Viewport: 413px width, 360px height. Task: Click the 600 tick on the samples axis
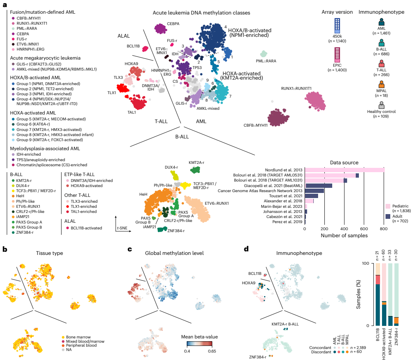click(x=364, y=229)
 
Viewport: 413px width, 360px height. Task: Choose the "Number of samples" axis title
click(x=344, y=236)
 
